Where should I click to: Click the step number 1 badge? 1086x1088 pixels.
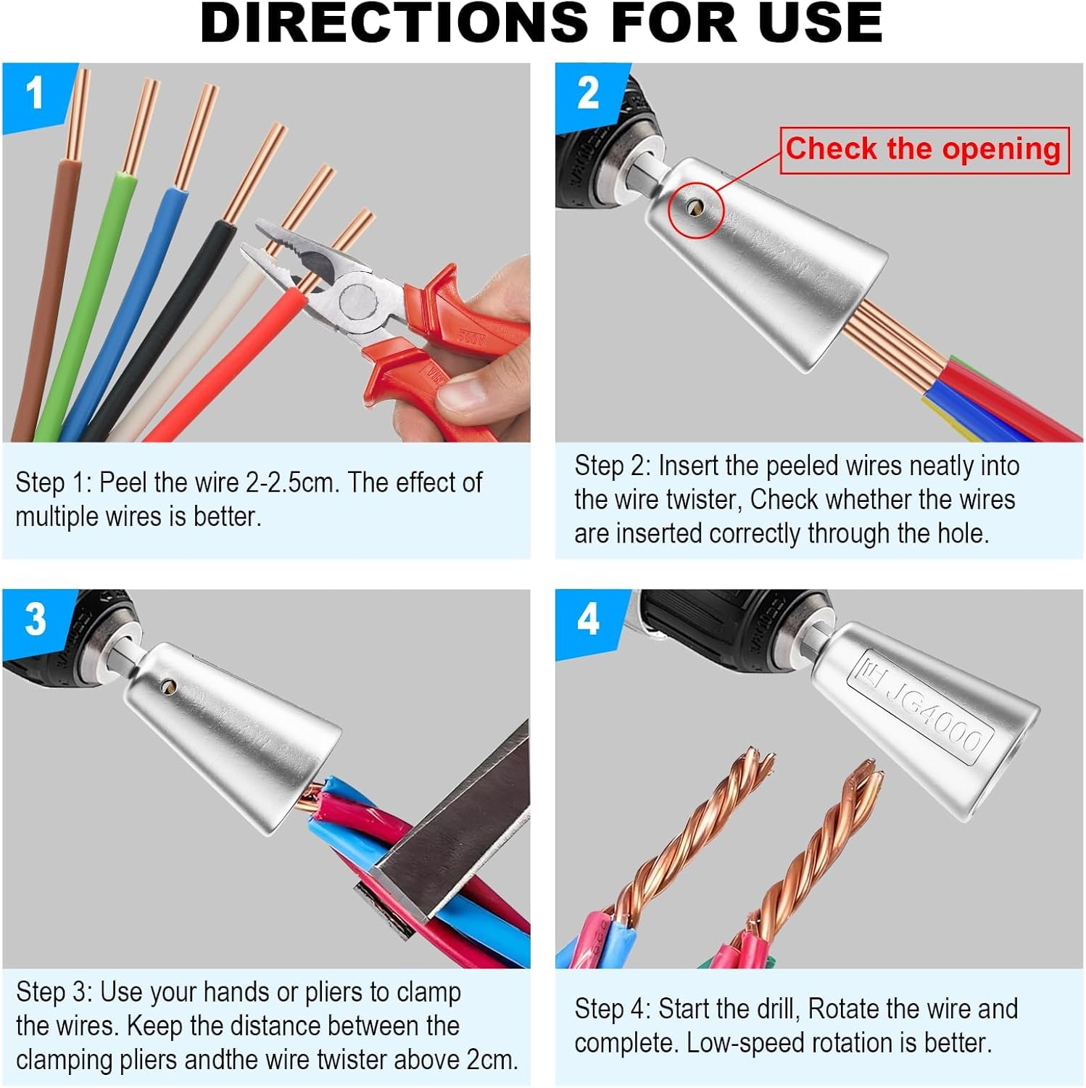point(35,94)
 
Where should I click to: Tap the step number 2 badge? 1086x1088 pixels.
point(588,94)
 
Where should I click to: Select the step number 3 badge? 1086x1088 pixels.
point(36,620)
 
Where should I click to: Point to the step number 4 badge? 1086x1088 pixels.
point(588,620)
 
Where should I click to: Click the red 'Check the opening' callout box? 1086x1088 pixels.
point(924,149)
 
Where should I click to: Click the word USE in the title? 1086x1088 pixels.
point(819,23)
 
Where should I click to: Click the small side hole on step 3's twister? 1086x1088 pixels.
point(169,684)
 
